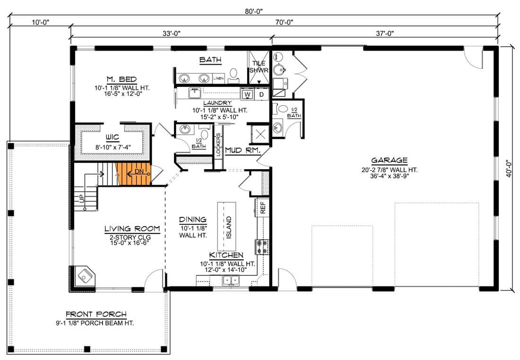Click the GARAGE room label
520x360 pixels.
click(390, 161)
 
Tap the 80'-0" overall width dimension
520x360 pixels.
click(254, 11)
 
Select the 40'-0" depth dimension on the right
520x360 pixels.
click(509, 169)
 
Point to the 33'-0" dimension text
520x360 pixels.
click(171, 34)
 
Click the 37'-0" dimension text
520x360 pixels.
click(385, 34)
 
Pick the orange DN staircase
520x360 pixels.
click(133, 174)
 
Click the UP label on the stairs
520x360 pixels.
click(82, 198)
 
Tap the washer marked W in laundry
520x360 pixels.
click(247, 94)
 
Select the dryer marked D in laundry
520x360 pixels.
click(262, 94)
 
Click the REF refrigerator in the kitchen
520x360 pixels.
click(263, 207)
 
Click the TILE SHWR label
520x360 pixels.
click(259, 67)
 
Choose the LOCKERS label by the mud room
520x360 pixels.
click(218, 145)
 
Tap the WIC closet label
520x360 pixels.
click(113, 137)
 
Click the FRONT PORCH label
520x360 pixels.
click(96, 314)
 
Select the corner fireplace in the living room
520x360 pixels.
click(83, 276)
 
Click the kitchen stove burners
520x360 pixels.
click(262, 247)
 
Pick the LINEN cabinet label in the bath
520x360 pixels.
click(218, 78)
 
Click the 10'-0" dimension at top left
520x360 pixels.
click(41, 22)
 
